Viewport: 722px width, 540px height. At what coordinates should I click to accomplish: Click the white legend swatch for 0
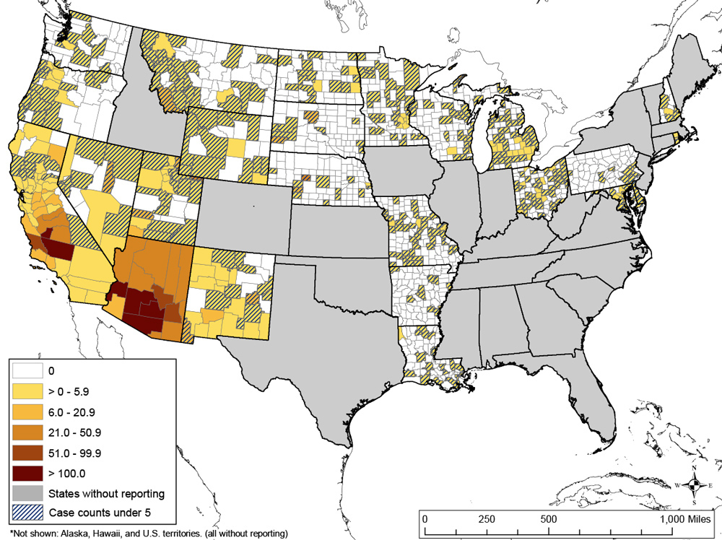[26, 371]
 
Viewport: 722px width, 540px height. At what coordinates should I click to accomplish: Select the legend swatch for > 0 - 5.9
[26, 391]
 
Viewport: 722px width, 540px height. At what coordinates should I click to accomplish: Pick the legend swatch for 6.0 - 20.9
[26, 411]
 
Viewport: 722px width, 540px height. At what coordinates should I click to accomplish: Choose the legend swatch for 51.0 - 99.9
[26, 453]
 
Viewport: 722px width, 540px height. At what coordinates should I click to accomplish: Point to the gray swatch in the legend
[26, 494]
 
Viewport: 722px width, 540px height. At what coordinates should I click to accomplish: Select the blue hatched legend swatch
[26, 514]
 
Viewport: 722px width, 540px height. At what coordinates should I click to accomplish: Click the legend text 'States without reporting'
[107, 494]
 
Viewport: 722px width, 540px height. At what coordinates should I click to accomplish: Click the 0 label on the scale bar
[425, 519]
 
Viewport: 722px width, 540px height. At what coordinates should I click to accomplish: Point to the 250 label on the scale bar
[487, 519]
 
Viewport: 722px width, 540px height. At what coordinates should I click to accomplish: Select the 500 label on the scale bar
[547, 519]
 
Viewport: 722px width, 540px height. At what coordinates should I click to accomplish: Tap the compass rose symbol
[694, 485]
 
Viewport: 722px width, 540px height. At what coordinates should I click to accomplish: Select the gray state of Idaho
[144, 108]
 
